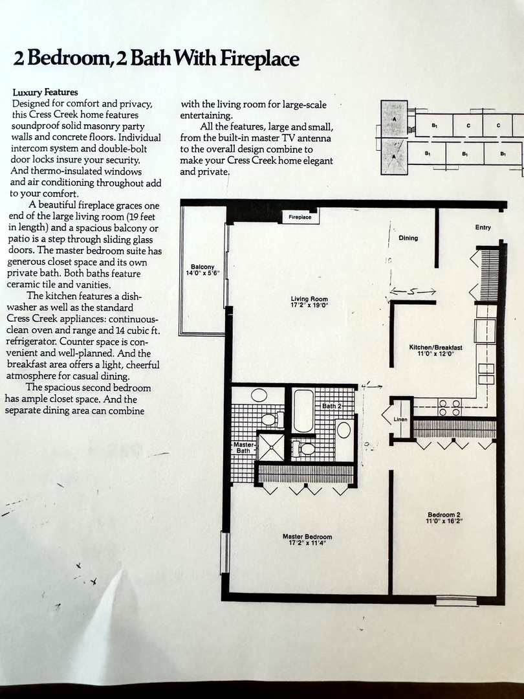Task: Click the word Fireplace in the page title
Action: [x=260, y=60]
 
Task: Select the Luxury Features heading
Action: [x=45, y=93]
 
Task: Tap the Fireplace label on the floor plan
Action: [x=300, y=217]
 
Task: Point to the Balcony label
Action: [x=202, y=267]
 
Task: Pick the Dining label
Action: [x=408, y=238]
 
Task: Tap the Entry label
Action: [x=483, y=227]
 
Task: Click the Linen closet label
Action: [x=401, y=419]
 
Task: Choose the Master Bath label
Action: [x=243, y=448]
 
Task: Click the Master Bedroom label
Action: [x=307, y=537]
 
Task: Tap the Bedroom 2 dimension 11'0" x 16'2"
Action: [x=444, y=520]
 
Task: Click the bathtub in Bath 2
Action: [x=303, y=410]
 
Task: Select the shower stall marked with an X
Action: [x=270, y=447]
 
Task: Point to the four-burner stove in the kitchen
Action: [x=450, y=407]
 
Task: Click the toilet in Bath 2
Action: [x=305, y=448]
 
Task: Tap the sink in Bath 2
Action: [x=344, y=430]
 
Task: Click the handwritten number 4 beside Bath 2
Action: [x=367, y=386]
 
